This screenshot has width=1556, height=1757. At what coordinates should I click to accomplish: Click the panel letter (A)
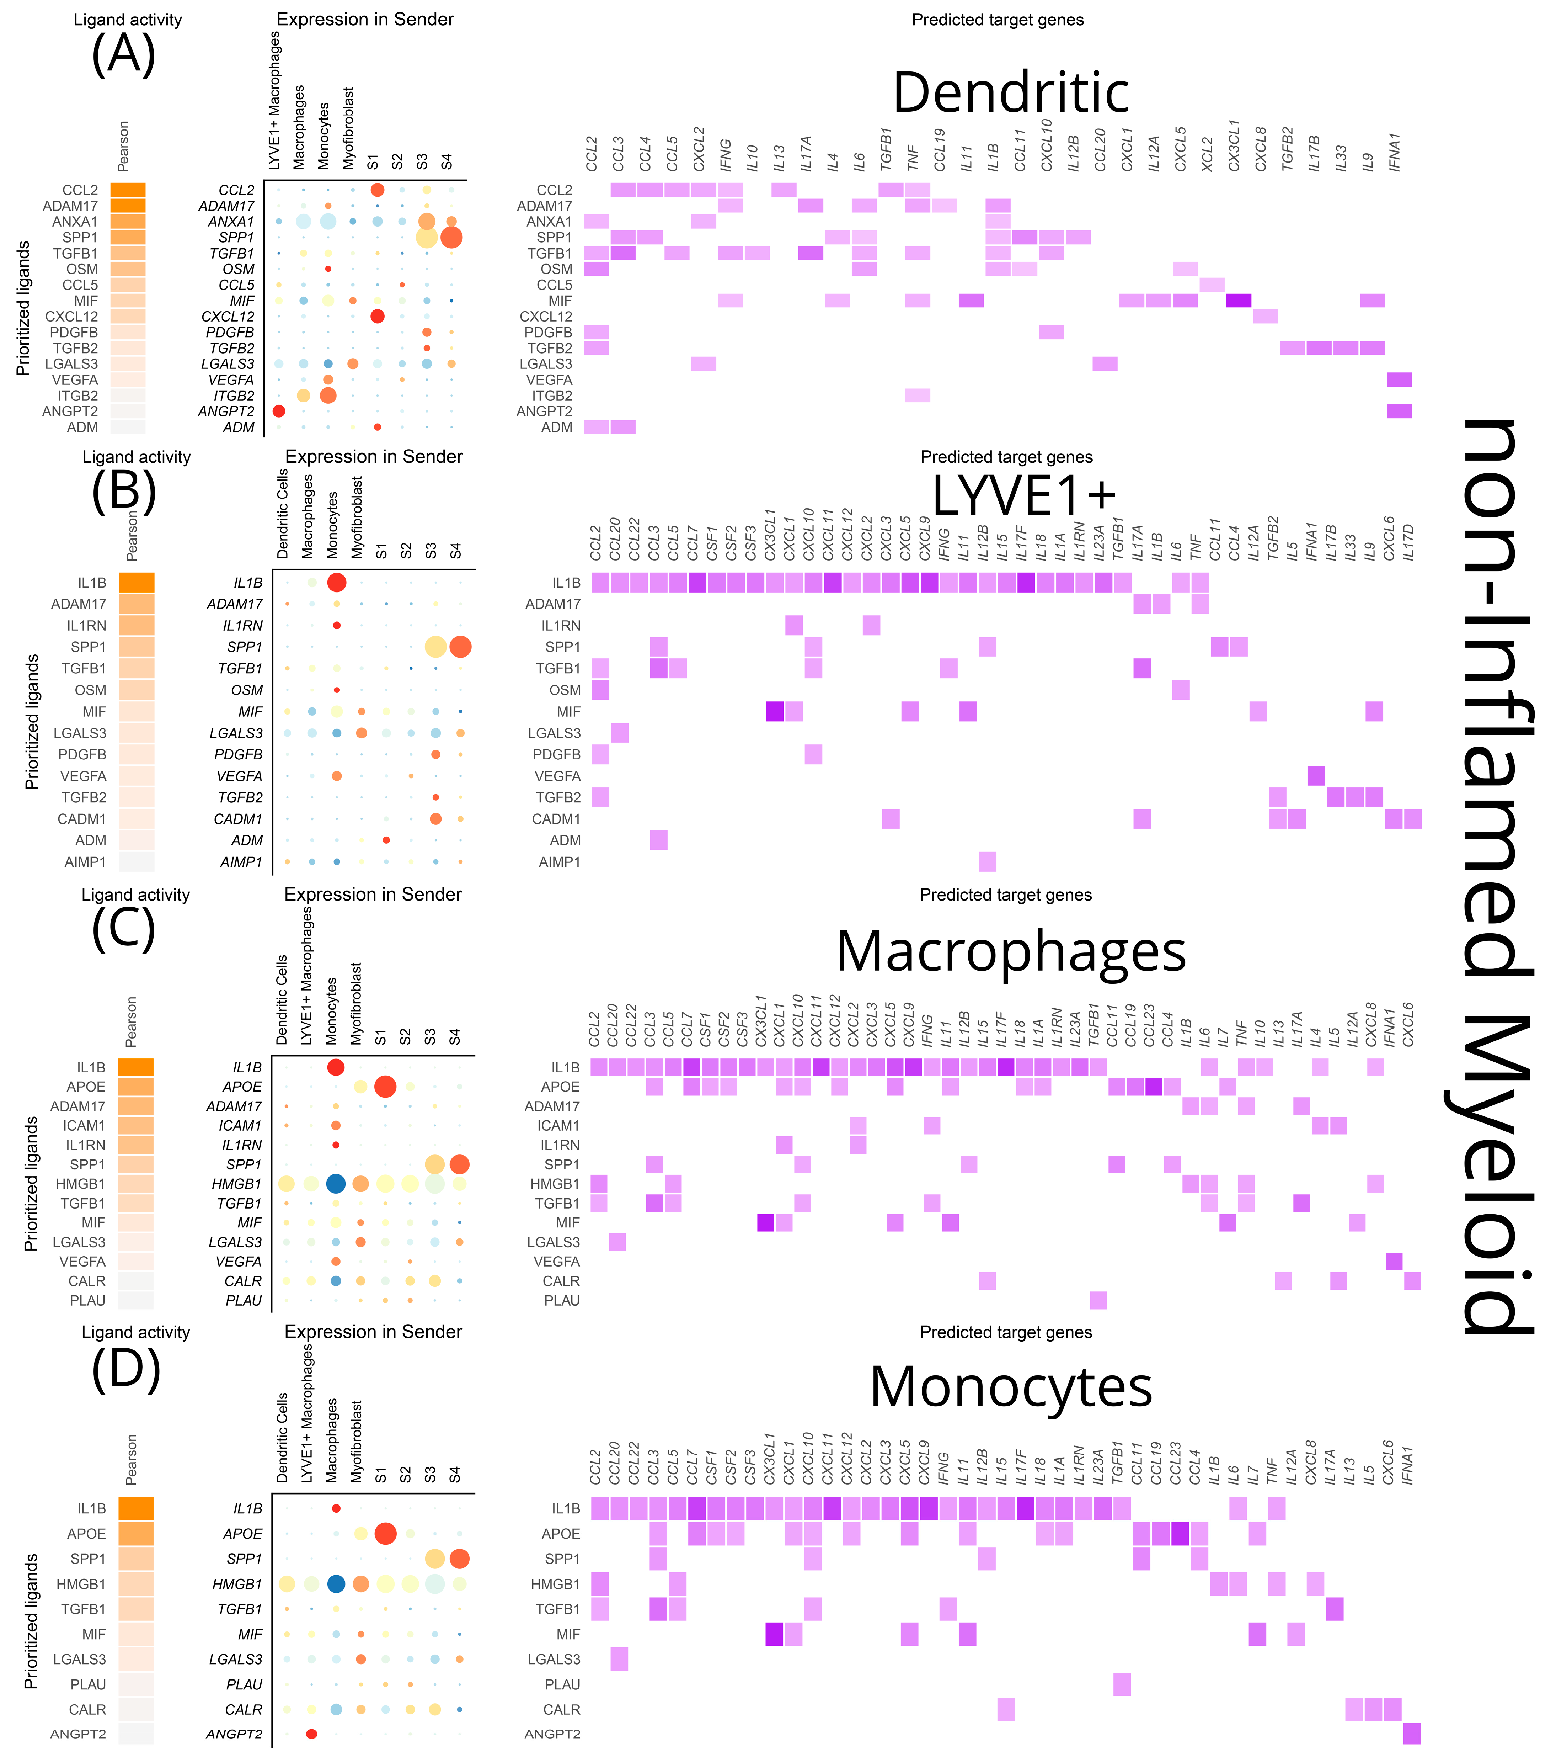(124, 53)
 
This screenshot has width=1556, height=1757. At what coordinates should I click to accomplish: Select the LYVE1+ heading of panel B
(1024, 495)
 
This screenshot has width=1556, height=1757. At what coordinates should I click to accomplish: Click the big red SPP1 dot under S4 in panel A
(451, 237)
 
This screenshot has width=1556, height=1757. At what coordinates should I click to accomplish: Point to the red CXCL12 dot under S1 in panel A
(377, 316)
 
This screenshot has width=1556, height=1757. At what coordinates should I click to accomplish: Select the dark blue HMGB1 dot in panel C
(336, 1184)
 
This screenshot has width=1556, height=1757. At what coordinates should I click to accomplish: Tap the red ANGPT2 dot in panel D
(312, 1734)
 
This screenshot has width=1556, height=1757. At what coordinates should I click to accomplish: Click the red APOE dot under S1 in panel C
(385, 1087)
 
